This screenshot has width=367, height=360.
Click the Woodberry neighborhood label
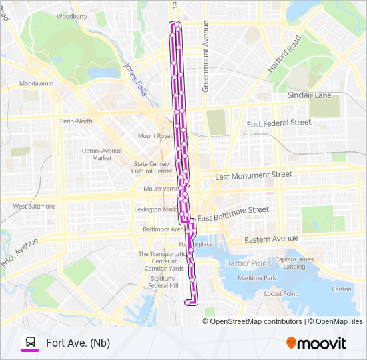(x=71, y=15)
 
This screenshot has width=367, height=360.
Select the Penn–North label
(x=76, y=121)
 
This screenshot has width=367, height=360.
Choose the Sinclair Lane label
(x=309, y=95)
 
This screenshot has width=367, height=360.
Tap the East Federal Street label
(x=278, y=123)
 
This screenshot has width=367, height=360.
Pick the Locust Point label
(x=280, y=293)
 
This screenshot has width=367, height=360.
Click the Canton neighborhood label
(x=341, y=289)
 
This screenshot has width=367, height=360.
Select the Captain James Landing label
(x=294, y=263)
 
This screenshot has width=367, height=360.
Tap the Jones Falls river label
(x=135, y=79)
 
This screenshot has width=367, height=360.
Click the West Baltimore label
(x=33, y=207)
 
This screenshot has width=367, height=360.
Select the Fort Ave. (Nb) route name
(x=77, y=343)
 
